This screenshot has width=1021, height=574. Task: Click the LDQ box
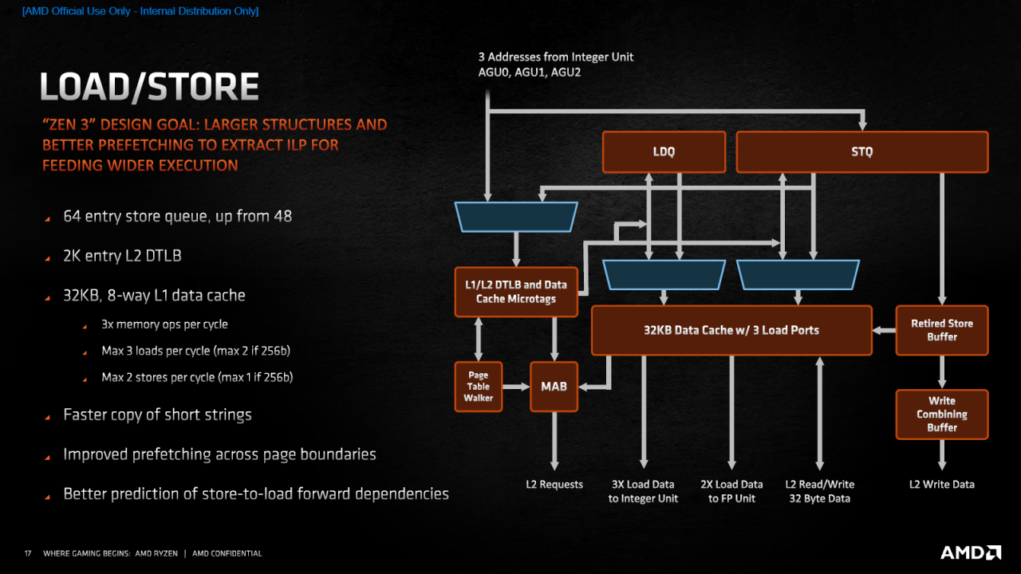coord(664,151)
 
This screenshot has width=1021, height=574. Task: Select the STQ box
coord(862,151)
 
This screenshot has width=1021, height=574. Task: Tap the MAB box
coord(554,387)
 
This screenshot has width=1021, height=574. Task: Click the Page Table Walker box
coord(478,387)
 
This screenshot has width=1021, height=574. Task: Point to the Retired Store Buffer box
coord(942,330)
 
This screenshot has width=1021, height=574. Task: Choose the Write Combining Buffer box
coord(942,414)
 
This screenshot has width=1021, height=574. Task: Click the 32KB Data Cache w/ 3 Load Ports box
coord(731,330)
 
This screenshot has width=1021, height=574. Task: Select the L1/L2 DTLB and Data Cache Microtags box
coord(516,292)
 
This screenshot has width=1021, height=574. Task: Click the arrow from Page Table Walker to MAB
coord(516,387)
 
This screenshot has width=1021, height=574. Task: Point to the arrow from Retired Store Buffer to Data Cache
coord(885,330)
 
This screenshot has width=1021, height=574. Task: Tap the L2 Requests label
coord(554,484)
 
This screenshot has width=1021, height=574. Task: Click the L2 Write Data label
coord(942,484)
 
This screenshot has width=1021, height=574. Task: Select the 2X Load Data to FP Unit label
coord(731,491)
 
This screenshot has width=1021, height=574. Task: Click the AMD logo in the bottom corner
coord(971,552)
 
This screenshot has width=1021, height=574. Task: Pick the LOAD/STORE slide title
coord(149,87)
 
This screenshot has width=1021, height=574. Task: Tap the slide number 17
coord(28,553)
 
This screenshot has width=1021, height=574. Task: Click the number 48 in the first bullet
coord(282,216)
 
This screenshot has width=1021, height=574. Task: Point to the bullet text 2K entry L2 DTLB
coord(122,256)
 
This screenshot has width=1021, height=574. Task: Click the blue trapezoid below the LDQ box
coord(664,275)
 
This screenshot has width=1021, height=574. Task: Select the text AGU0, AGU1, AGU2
coord(529,73)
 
